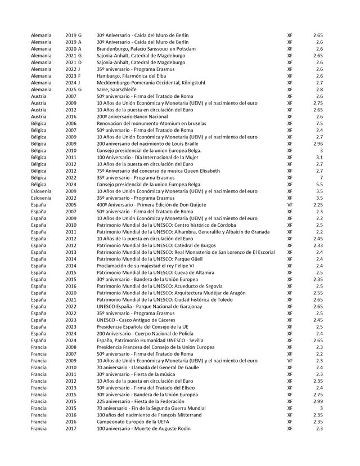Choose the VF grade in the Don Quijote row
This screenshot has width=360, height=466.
[x=290, y=205]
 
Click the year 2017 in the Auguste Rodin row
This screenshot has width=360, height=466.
[x=71, y=429]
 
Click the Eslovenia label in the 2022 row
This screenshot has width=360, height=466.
[x=42, y=198]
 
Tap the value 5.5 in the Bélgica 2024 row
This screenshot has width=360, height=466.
[x=319, y=185]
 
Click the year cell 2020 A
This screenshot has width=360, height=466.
[x=73, y=49]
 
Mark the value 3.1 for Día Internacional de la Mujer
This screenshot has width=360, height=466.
[x=319, y=158]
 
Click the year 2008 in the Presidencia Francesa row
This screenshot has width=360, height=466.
[x=71, y=347]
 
